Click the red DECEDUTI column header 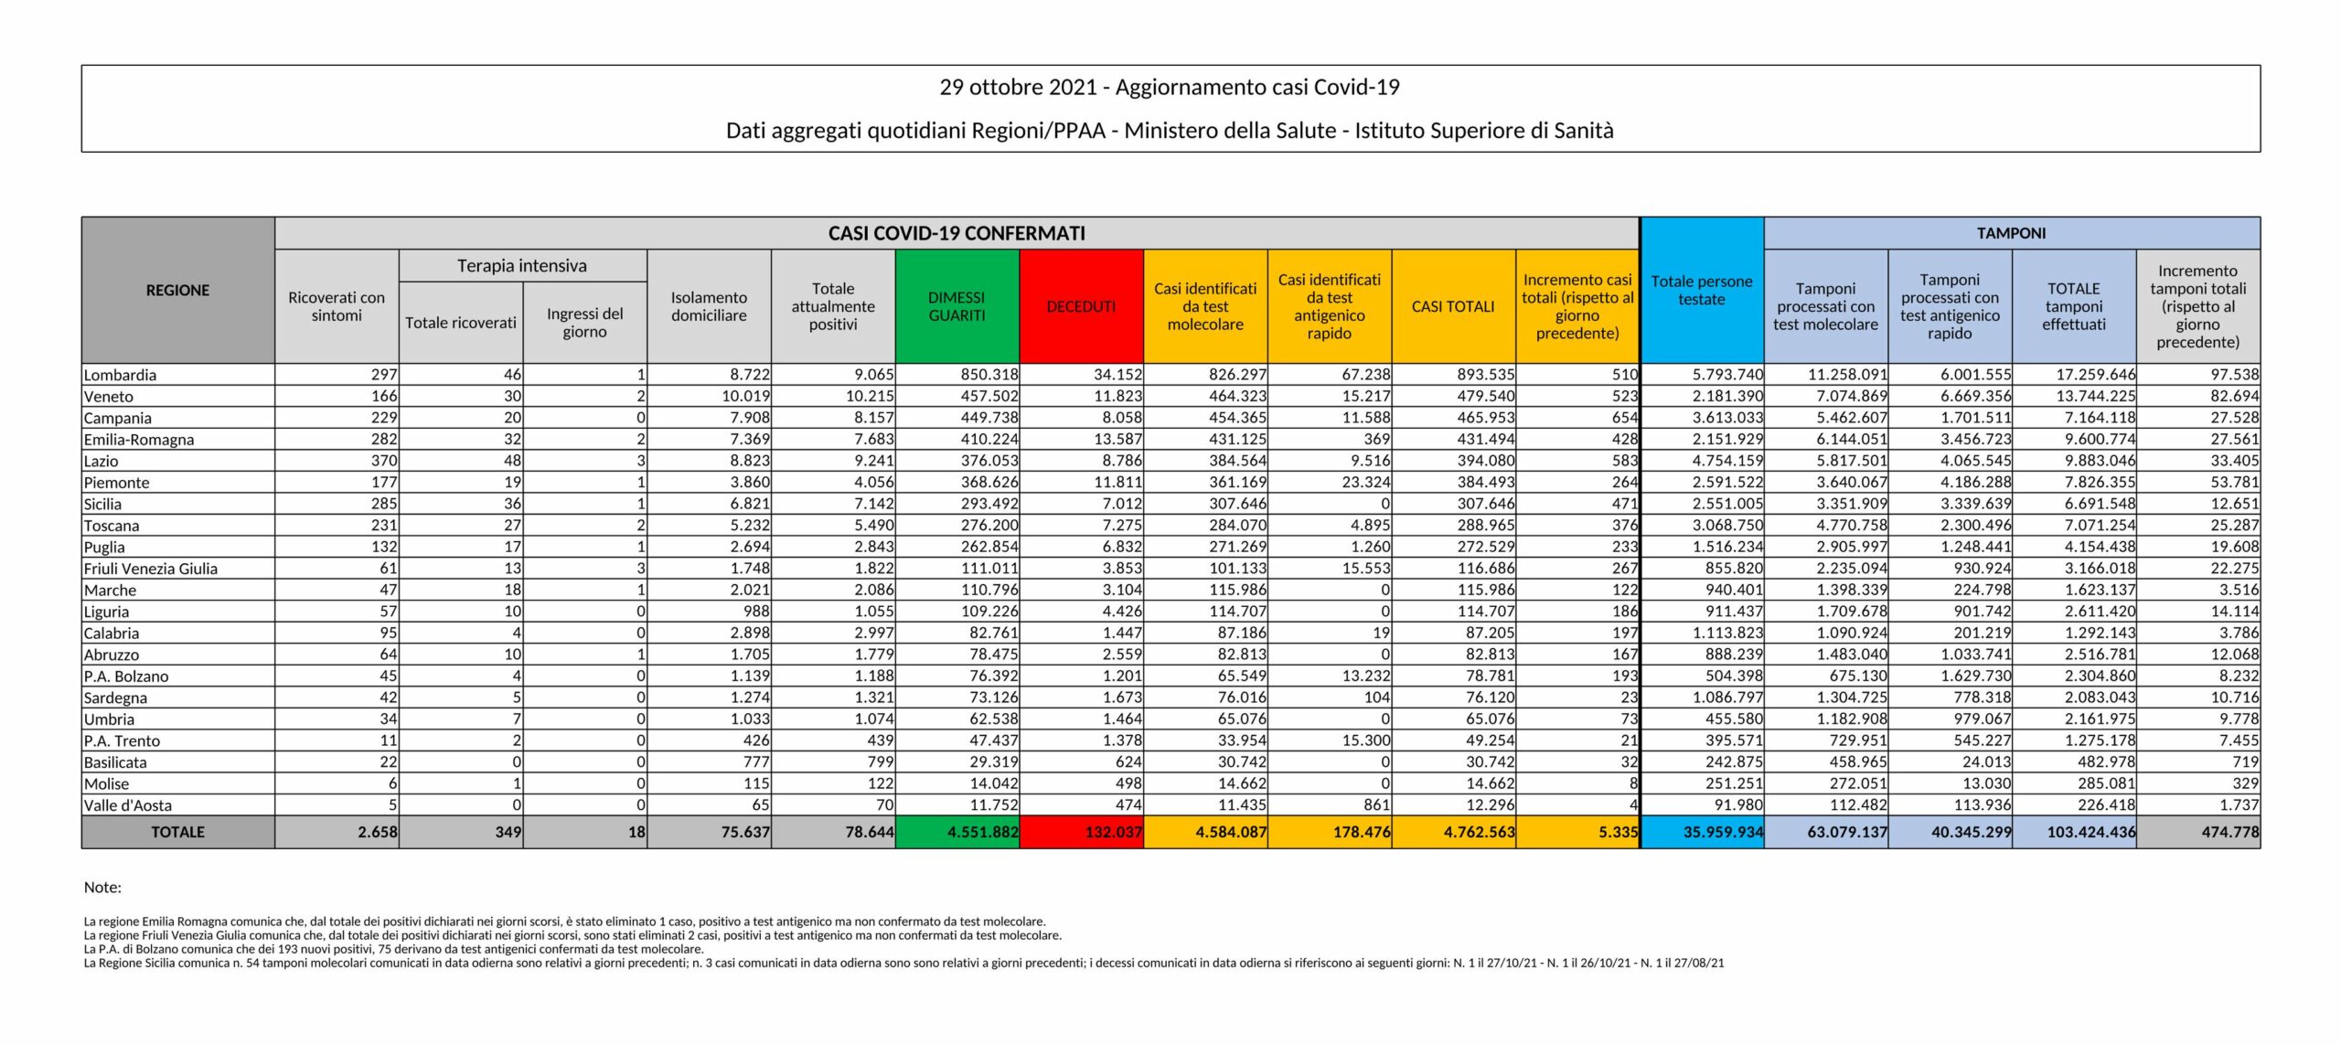(1081, 306)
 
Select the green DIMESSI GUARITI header (957, 306)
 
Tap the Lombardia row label (120, 375)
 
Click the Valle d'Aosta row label (128, 805)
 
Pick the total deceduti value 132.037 (1113, 832)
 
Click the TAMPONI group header (2011, 233)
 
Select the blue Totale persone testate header (1701, 290)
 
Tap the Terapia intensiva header (522, 266)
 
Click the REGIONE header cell (177, 290)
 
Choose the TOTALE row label (177, 832)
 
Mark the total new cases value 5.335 (1614, 832)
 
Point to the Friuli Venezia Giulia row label (151, 569)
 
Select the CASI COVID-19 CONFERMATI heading (957, 233)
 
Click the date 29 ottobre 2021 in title (1018, 88)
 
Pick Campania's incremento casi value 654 (1624, 418)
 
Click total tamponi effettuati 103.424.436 (2090, 832)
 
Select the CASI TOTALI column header (1453, 306)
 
